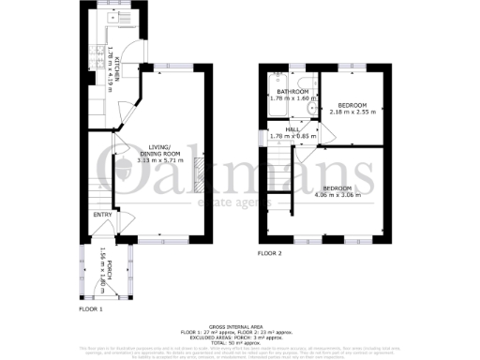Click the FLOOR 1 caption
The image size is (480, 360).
tap(91, 308)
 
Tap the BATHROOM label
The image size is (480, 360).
tap(294, 92)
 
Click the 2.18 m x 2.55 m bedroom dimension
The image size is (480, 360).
tap(352, 112)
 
